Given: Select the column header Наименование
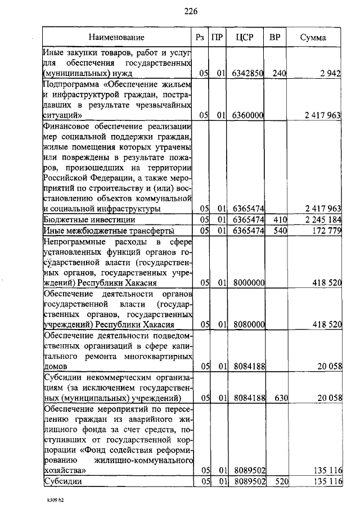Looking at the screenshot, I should (116, 38).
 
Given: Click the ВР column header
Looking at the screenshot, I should (275, 38).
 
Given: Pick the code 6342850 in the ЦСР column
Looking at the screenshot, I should (248, 73).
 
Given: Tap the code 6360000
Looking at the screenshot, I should (248, 115).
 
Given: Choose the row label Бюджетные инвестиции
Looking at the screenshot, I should (89, 219).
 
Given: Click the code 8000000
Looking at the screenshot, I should (248, 283).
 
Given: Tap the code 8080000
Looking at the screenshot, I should (248, 325).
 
